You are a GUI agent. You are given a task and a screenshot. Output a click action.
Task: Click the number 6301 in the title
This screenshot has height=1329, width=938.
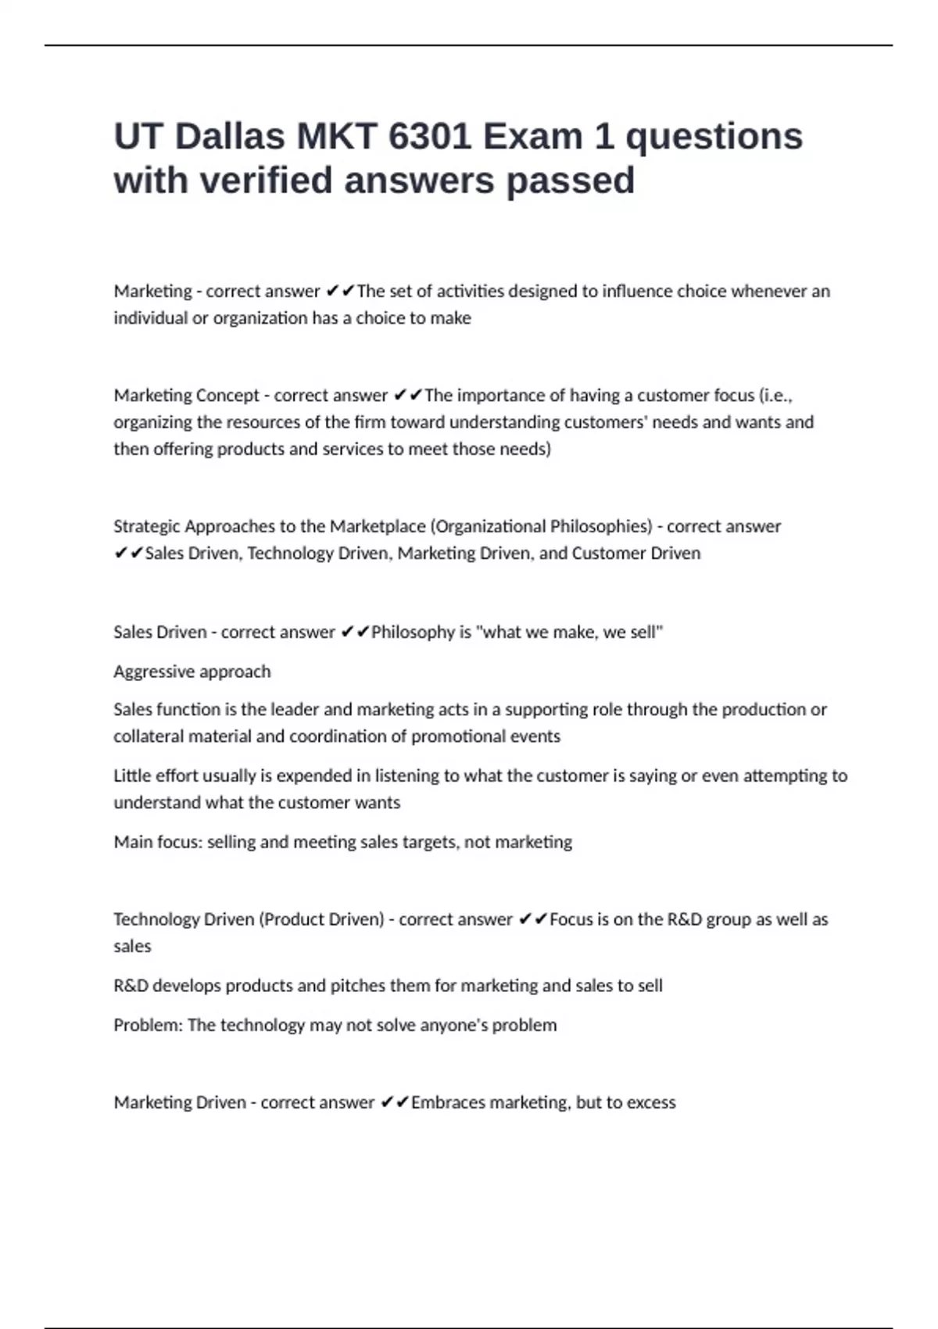click(429, 137)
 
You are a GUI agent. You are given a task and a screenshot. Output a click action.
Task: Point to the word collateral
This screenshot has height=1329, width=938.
click(149, 736)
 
